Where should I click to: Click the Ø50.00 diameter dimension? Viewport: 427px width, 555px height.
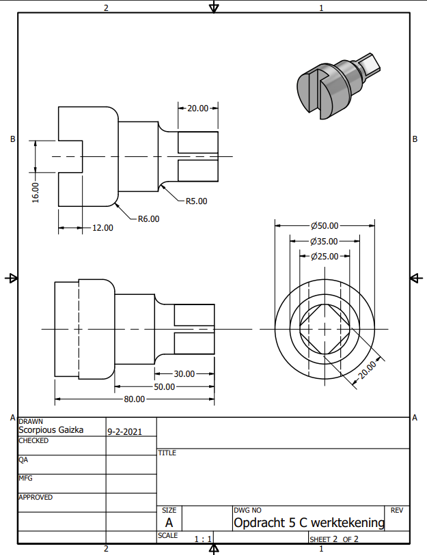tap(325, 225)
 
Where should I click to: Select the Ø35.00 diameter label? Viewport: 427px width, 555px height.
tap(325, 242)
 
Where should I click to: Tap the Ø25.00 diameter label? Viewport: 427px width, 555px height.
tap(325, 256)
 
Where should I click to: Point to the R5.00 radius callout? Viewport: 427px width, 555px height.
tap(196, 201)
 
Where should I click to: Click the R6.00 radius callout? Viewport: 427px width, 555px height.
tap(148, 218)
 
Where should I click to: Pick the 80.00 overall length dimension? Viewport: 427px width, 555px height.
tap(135, 399)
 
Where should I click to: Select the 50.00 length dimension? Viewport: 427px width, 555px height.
tap(165, 387)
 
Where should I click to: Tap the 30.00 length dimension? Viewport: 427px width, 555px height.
tap(184, 374)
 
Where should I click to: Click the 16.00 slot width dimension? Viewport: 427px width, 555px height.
tap(36, 193)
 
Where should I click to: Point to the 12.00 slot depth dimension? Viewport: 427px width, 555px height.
tap(102, 228)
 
